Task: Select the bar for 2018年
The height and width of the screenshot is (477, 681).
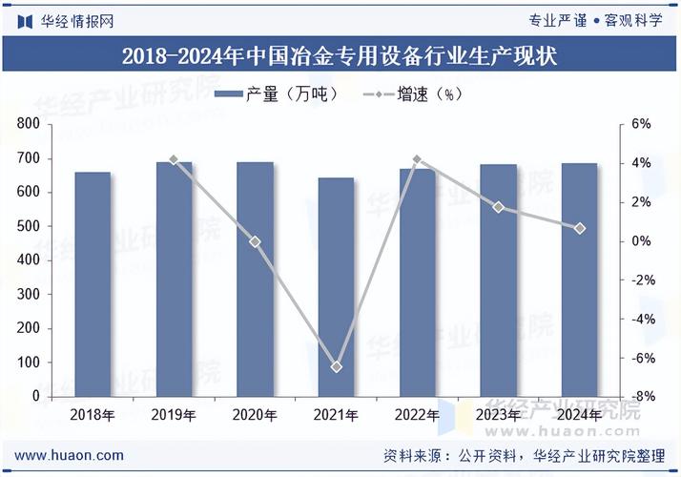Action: [93, 284]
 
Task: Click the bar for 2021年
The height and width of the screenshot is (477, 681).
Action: [336, 287]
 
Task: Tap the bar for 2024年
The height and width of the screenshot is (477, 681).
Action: [579, 280]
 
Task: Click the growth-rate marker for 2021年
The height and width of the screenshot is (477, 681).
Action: [336, 367]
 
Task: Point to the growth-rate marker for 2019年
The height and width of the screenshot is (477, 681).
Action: [174, 159]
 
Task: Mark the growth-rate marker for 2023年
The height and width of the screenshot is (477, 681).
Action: [498, 207]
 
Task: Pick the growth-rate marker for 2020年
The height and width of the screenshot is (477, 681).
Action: [255, 242]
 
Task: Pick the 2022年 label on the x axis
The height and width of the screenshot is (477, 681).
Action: [417, 415]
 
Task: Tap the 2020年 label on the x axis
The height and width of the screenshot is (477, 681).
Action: [255, 415]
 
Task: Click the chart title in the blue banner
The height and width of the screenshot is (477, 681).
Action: [340, 56]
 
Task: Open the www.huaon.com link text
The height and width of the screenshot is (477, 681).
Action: [69, 455]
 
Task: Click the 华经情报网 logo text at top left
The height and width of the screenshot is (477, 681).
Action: [67, 21]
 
